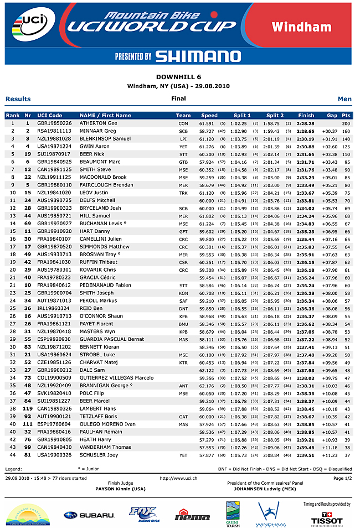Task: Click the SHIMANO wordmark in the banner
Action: tap(198, 56)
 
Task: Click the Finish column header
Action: tap(306, 116)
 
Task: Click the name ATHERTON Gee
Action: tap(98, 123)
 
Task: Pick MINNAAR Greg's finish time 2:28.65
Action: tap(306, 131)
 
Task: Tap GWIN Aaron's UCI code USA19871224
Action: tap(54, 146)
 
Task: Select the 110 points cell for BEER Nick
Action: tap(346, 154)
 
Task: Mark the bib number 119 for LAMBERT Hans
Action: tap(27, 408)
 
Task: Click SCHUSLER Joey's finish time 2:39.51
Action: tap(306, 455)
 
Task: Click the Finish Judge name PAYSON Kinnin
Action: tap(120, 489)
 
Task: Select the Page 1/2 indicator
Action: tap(342, 478)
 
